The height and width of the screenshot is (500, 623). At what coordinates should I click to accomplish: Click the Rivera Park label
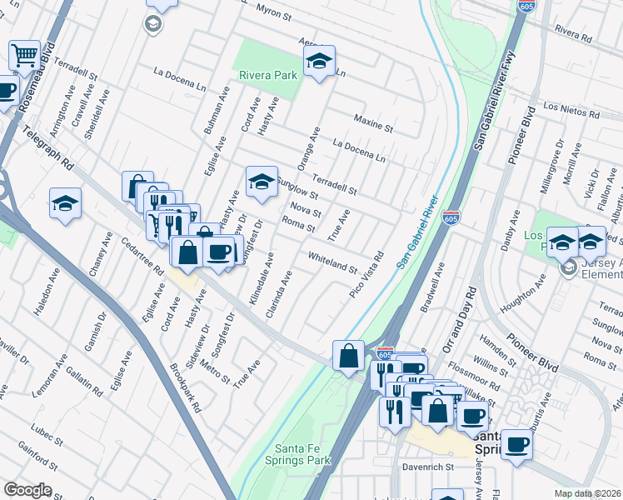268,75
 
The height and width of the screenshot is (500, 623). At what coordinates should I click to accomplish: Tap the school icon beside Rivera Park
318,61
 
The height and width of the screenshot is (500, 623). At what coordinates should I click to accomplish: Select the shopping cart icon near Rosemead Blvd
24,56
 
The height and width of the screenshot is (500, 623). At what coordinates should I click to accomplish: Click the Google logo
27,490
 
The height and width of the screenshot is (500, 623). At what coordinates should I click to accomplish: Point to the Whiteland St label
331,262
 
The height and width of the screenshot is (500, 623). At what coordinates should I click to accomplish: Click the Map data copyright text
587,493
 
